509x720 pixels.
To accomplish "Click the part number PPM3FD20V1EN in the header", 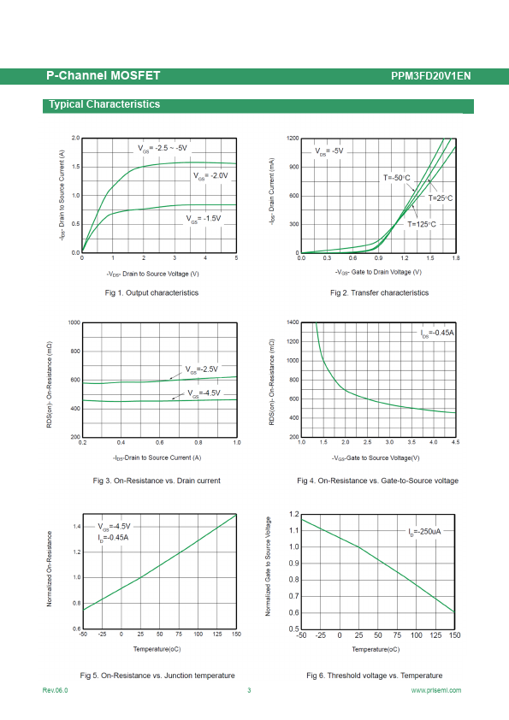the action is coord(431,76).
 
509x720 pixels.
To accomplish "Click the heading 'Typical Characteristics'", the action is coord(104,104).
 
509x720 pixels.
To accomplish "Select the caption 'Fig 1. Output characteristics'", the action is coord(151,293).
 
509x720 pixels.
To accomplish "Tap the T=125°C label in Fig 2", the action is coord(422,224).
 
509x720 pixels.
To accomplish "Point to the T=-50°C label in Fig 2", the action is coord(397,178).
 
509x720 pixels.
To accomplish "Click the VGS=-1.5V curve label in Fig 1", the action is coord(204,219).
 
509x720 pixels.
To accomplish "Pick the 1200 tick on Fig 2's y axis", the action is coord(293,139).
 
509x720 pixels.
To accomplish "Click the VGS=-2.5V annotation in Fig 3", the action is coord(202,369).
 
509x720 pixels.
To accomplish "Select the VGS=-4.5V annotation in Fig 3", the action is coord(204,393).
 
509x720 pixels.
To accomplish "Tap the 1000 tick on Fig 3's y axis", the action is coord(74,323).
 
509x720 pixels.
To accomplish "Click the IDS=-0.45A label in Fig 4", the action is coord(437,333).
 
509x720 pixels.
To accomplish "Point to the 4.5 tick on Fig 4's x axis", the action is coord(455,442).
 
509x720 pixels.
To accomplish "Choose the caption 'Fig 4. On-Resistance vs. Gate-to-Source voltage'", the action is coord(377,481).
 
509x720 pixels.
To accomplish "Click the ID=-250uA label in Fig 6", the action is coord(424,531).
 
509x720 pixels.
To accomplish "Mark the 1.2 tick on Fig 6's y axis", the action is coord(294,514).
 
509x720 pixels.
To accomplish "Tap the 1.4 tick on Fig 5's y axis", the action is coord(77,527).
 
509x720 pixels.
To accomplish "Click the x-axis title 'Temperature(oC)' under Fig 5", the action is coord(157,649).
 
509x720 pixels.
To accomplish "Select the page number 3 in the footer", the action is coord(249,690).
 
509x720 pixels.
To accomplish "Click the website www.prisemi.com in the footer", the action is coord(436,690).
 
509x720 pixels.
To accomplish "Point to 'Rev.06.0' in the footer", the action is coord(55,690).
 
